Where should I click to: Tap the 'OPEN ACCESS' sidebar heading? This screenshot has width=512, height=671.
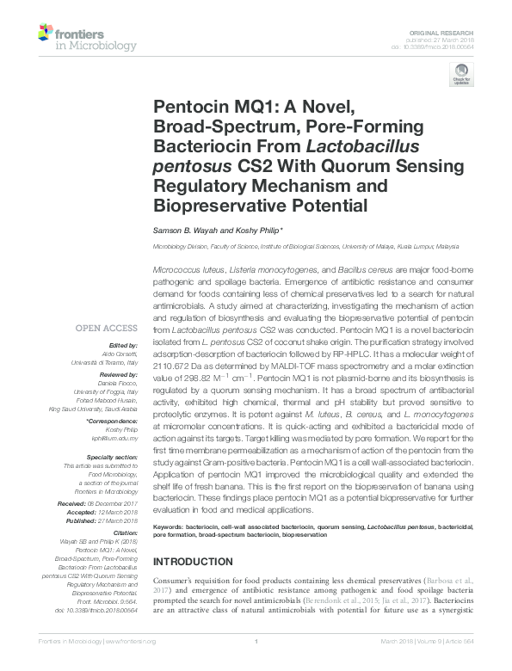click(x=106, y=328)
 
